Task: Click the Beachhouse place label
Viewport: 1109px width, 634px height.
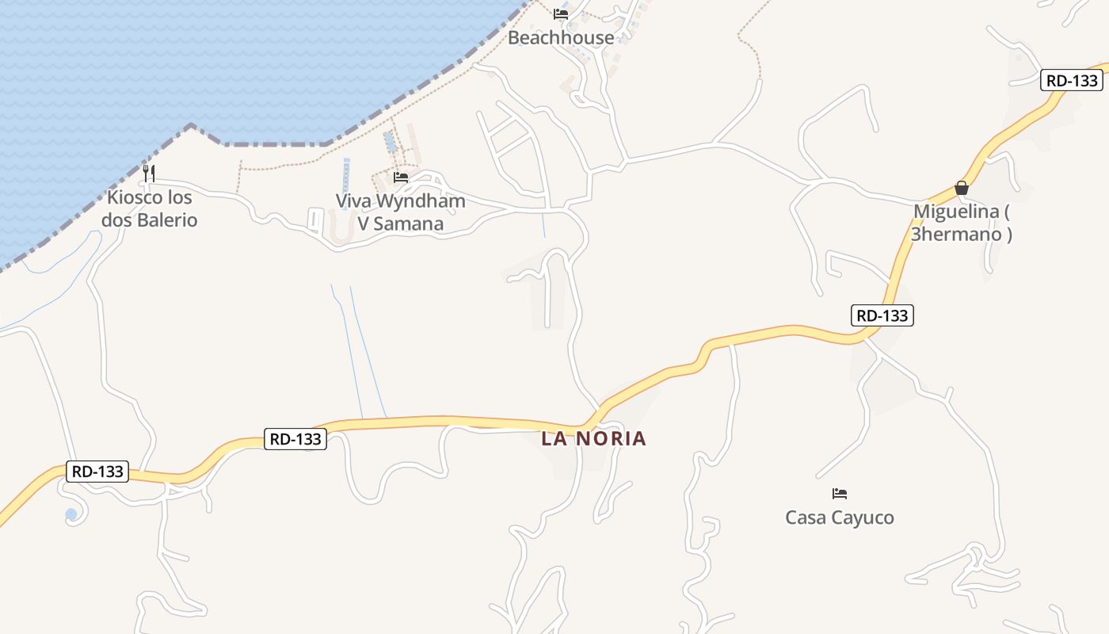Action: [561, 37]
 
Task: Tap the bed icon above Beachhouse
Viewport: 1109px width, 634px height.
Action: [561, 13]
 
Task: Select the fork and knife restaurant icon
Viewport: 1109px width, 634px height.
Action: [149, 173]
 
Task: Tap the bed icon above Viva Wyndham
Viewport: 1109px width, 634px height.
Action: [401, 178]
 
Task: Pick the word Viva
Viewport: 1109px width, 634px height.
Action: [354, 201]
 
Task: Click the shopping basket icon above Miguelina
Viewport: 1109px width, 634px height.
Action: [961, 188]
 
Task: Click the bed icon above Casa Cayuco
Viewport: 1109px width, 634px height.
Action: [840, 494]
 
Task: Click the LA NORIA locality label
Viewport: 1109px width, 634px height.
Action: [594, 438]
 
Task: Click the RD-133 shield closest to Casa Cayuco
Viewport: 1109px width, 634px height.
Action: [883, 315]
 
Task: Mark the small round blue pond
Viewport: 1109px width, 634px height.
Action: [71, 514]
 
